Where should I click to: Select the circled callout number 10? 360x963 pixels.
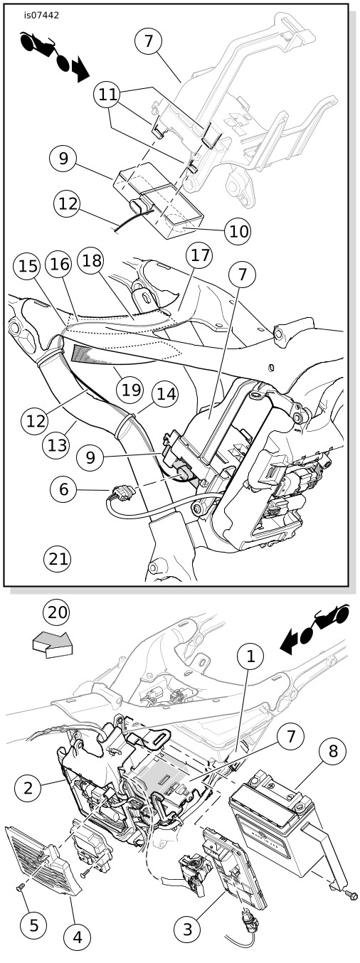(x=238, y=230)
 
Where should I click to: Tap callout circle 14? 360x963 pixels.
(x=164, y=392)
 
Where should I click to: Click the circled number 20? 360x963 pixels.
(x=56, y=612)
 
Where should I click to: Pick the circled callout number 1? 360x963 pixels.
(x=251, y=659)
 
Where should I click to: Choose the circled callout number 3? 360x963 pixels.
(x=187, y=930)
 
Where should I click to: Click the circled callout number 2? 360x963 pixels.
(x=29, y=787)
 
